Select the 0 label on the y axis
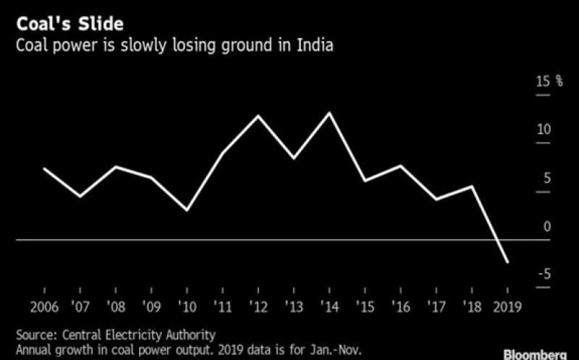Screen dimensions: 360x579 pos(547,227)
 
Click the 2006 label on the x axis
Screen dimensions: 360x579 pos(45,306)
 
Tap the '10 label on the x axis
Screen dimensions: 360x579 pos(187,306)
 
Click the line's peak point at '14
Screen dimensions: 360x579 pos(330,113)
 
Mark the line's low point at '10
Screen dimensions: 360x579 pos(187,211)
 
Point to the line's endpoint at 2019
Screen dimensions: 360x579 pos(507,262)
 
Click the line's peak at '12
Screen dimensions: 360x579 pos(258,116)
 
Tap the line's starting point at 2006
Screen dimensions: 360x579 pos(45,169)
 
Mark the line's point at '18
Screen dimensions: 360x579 pos(472,187)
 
